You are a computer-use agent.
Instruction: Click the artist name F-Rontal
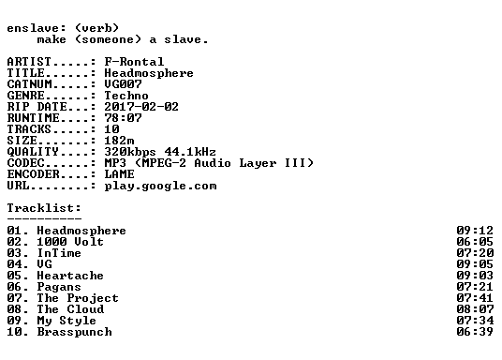[x=134, y=61]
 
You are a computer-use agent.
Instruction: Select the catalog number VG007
[x=123, y=84]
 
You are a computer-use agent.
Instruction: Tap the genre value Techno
[x=126, y=96]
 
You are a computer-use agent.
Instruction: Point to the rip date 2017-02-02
[x=141, y=107]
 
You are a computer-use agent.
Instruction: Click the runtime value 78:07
[x=123, y=117]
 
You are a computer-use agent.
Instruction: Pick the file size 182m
[x=119, y=140]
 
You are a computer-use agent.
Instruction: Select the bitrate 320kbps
[x=130, y=152]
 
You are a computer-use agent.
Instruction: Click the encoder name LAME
[x=119, y=174]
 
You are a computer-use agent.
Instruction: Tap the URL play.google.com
[x=160, y=186]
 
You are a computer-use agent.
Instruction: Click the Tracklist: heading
[x=44, y=208]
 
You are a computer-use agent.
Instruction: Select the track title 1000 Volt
[x=70, y=241]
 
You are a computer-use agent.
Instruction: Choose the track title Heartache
[x=70, y=276]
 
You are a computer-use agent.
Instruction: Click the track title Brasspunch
[x=74, y=332]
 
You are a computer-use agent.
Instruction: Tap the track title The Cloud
[x=70, y=309]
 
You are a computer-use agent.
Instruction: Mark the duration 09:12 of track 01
[x=475, y=231]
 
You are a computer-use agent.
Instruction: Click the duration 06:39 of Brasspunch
[x=475, y=332]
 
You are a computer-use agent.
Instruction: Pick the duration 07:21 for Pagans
[x=475, y=287]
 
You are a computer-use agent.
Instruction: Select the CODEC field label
[x=25, y=163]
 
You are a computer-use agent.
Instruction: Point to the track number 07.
[x=14, y=298]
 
